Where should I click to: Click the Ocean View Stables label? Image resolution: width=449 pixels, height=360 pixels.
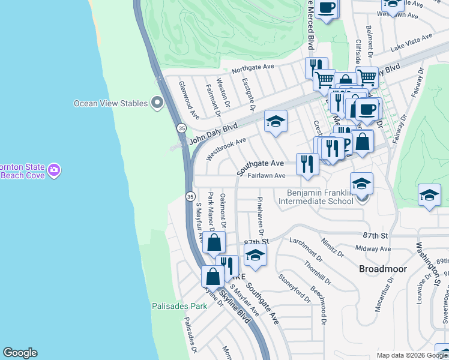pyautogui.click(x=110, y=103)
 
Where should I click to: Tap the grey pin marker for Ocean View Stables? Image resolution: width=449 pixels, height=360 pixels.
pyautogui.click(x=157, y=103)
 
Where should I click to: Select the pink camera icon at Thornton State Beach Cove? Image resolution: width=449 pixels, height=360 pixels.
pyautogui.click(x=55, y=170)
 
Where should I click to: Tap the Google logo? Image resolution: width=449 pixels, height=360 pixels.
pyautogui.click(x=20, y=353)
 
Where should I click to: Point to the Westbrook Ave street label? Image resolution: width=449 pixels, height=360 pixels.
pyautogui.click(x=226, y=149)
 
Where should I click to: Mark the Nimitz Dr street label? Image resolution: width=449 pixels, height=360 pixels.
pyautogui.click(x=333, y=247)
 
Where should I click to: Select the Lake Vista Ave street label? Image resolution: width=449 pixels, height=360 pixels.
pyautogui.click(x=411, y=42)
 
